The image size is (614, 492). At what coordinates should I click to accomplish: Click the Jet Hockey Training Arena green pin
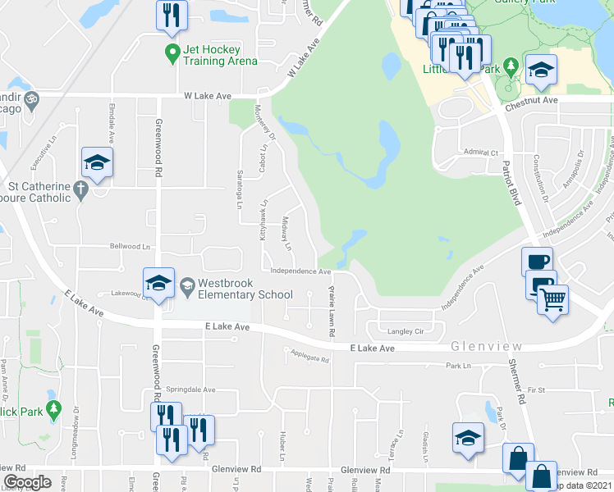click(x=172, y=55)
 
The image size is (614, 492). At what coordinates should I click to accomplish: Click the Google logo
click(x=27, y=481)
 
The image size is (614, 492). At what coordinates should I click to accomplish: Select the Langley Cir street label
click(x=406, y=331)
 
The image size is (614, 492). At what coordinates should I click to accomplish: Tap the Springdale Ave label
click(x=190, y=390)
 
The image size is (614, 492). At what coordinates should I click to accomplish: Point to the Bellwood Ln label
click(x=131, y=246)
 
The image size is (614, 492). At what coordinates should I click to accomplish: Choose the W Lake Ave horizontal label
click(x=208, y=96)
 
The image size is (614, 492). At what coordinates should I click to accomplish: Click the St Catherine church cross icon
click(x=80, y=190)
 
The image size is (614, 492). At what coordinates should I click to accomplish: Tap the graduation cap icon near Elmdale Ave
click(x=97, y=164)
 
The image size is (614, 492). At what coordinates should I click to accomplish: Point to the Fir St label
click(x=537, y=389)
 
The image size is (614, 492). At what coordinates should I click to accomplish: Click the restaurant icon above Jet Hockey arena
click(x=172, y=16)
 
